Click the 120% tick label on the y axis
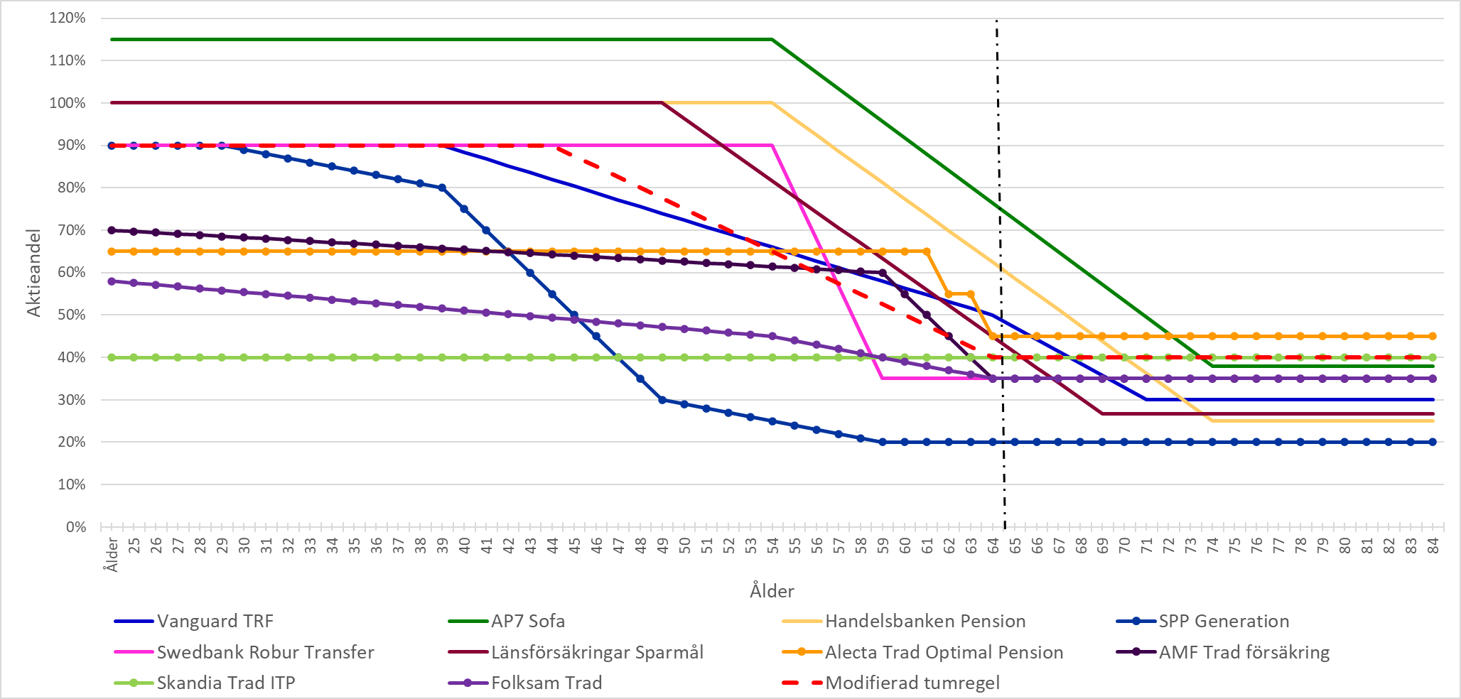tap(68, 18)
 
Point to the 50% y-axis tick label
tap(70, 315)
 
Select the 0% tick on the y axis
tap(75, 527)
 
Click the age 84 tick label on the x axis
tap(1433, 546)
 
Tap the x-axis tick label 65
tap(1015, 546)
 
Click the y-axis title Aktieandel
tap(33, 272)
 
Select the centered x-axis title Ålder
tap(772, 591)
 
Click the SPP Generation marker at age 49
tap(662, 400)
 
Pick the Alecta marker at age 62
tap(949, 293)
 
